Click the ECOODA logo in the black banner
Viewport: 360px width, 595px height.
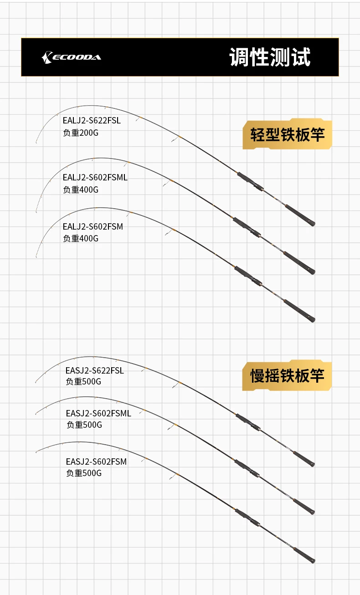click(71, 57)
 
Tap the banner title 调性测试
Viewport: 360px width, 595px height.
click(270, 57)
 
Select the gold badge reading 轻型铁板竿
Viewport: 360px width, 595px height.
click(287, 134)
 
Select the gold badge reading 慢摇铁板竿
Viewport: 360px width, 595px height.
click(287, 375)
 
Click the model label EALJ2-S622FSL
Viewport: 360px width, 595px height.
click(92, 121)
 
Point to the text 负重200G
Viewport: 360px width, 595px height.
click(81, 133)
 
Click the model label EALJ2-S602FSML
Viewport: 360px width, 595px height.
click(95, 177)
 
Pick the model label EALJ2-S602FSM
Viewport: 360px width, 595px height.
click(93, 226)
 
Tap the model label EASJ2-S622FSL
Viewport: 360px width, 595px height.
click(95, 370)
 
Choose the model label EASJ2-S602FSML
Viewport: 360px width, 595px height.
click(98, 414)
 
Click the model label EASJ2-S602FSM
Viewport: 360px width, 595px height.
click(96, 462)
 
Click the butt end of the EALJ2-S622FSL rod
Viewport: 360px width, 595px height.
click(313, 223)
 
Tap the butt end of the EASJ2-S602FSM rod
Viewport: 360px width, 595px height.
click(313, 561)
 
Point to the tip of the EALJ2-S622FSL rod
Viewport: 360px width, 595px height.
click(36, 143)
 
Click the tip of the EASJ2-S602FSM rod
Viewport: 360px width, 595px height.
click(36, 452)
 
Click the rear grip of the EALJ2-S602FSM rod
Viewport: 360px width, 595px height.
click(299, 311)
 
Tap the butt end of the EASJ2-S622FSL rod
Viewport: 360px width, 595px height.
click(313, 465)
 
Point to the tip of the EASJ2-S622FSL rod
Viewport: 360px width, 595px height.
click(36, 382)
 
